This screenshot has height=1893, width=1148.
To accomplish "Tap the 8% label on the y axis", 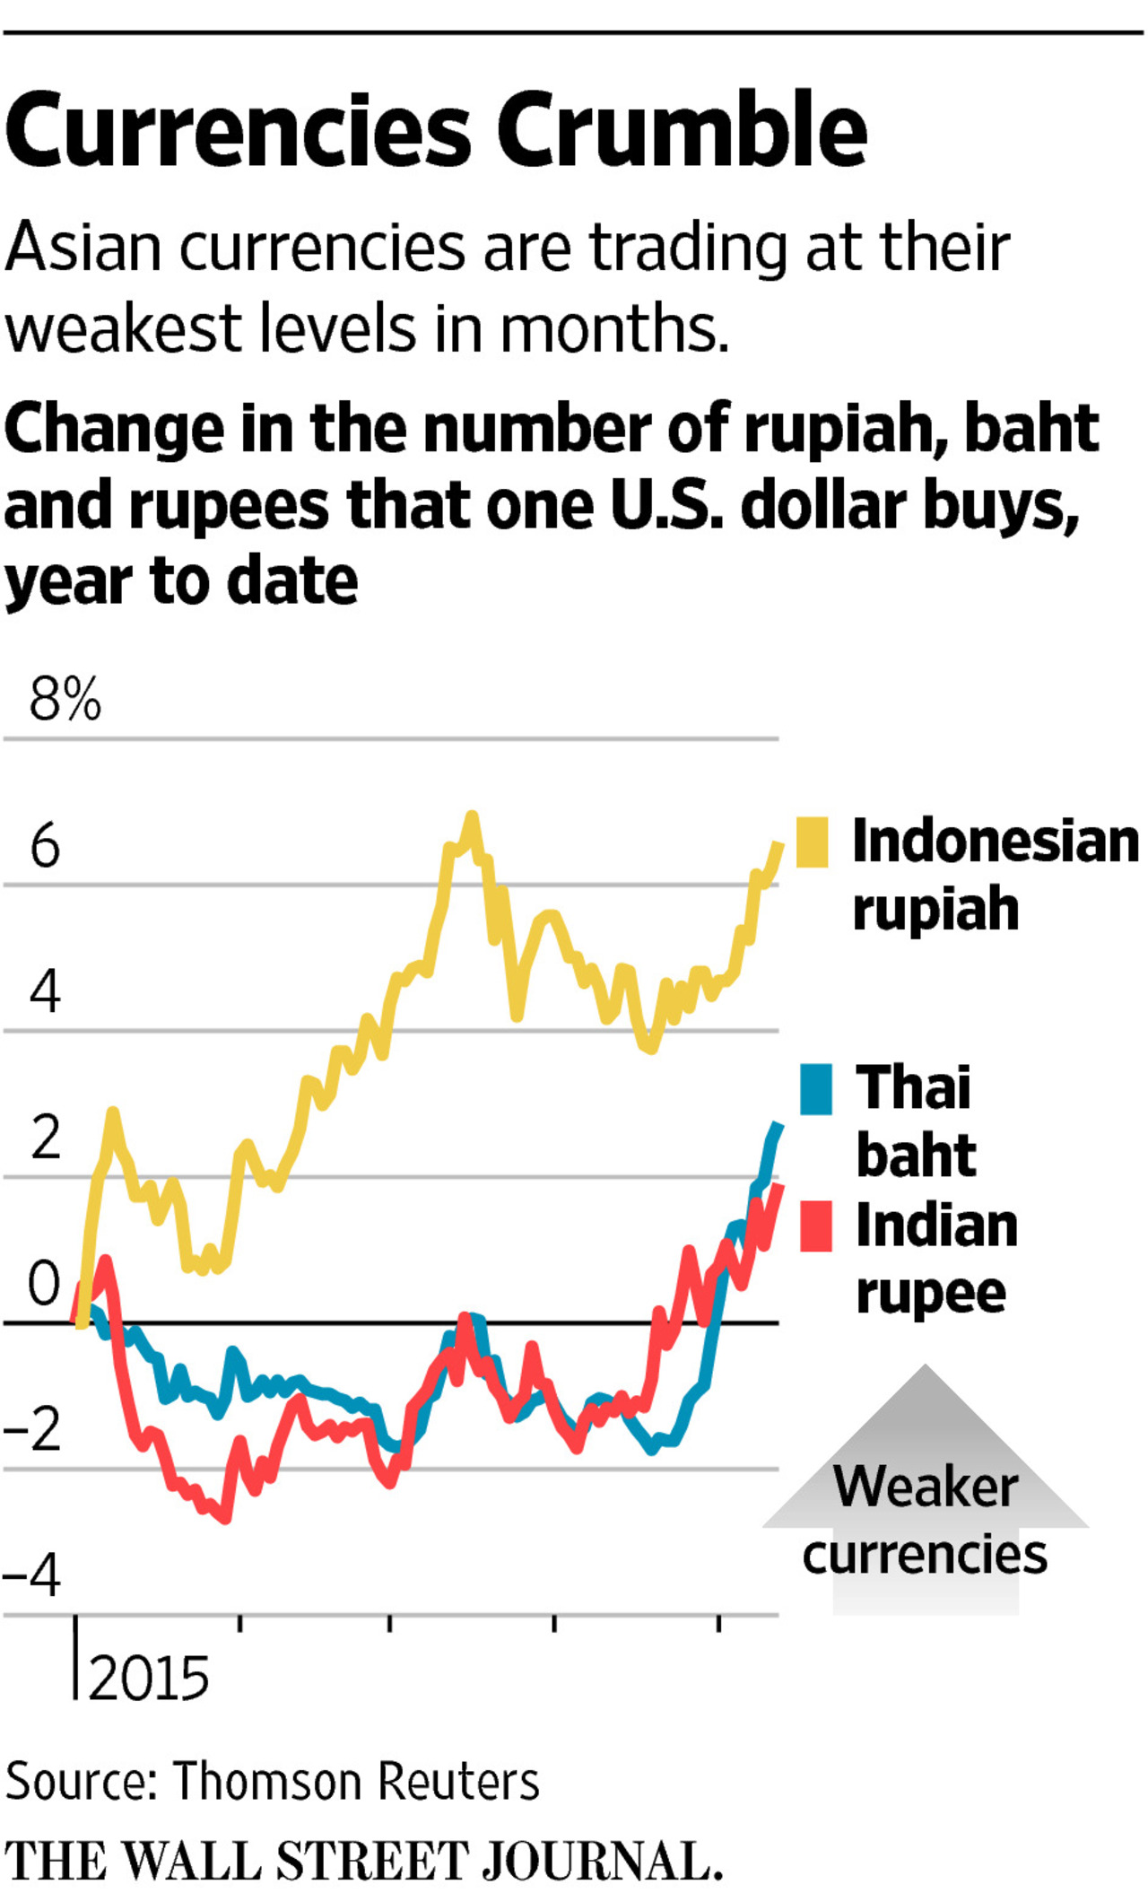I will (65, 700).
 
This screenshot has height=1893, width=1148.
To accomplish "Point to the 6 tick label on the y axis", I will (45, 845).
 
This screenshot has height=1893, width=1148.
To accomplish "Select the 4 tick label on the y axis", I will (45, 991).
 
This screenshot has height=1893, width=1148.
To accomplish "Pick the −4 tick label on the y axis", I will (32, 1575).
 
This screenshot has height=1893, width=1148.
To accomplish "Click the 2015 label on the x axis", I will (148, 1678).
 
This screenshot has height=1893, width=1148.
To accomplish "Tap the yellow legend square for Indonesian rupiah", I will (813, 842).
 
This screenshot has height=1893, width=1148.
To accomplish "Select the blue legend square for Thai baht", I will (816, 1089).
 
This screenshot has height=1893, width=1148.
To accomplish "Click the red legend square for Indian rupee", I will (816, 1226).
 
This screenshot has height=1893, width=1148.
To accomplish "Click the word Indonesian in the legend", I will (996, 842).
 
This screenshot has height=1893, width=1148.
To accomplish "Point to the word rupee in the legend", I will (931, 1294).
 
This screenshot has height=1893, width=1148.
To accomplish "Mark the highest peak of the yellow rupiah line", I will (472, 816).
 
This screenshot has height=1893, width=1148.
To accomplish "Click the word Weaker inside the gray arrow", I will (926, 1487).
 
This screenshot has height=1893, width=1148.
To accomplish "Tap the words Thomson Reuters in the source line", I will (356, 1781).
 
